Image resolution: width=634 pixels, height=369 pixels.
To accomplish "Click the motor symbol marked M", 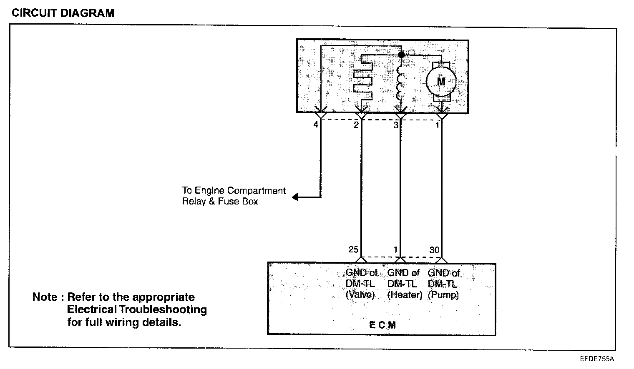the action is [441, 82].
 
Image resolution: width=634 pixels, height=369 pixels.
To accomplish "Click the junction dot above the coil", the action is [401, 55].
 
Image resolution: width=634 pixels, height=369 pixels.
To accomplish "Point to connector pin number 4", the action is [316, 124].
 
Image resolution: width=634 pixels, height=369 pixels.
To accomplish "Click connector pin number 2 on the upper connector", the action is [356, 125].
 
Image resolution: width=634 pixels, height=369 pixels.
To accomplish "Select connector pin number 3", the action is [395, 125].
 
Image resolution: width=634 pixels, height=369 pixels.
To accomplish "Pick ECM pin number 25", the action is [353, 249].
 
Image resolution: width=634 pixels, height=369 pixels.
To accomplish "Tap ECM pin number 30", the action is [434, 250].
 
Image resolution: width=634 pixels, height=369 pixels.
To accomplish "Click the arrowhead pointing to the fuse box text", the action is [296, 197].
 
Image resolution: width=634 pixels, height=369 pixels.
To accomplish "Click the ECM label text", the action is [382, 325].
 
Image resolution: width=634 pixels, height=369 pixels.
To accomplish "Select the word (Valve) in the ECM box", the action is [360, 295].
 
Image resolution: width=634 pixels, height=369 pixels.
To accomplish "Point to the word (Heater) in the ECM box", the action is [405, 295].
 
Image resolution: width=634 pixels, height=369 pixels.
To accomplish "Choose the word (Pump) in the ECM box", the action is [443, 295].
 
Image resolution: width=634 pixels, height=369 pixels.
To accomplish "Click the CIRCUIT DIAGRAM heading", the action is [63, 13].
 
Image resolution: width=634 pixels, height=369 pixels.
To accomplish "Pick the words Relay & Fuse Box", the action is [220, 202].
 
